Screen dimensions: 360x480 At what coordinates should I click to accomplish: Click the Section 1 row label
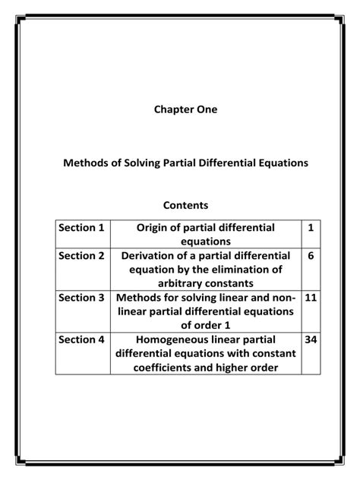82,228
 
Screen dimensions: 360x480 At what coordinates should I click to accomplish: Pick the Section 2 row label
82,256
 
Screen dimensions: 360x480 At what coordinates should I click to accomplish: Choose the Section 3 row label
82,298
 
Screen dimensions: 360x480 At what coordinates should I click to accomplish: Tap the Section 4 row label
82,339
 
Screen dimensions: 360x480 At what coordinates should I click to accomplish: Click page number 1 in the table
311,228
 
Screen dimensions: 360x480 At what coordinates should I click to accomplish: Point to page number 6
311,256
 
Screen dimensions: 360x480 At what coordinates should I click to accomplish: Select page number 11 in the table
311,298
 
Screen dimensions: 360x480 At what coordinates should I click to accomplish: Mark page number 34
311,339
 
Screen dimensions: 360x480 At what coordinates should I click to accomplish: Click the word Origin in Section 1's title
156,228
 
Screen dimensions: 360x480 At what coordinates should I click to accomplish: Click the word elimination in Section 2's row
243,270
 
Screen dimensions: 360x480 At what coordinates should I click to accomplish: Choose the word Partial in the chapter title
182,163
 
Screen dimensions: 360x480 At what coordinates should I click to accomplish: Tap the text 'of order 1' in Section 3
207,325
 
